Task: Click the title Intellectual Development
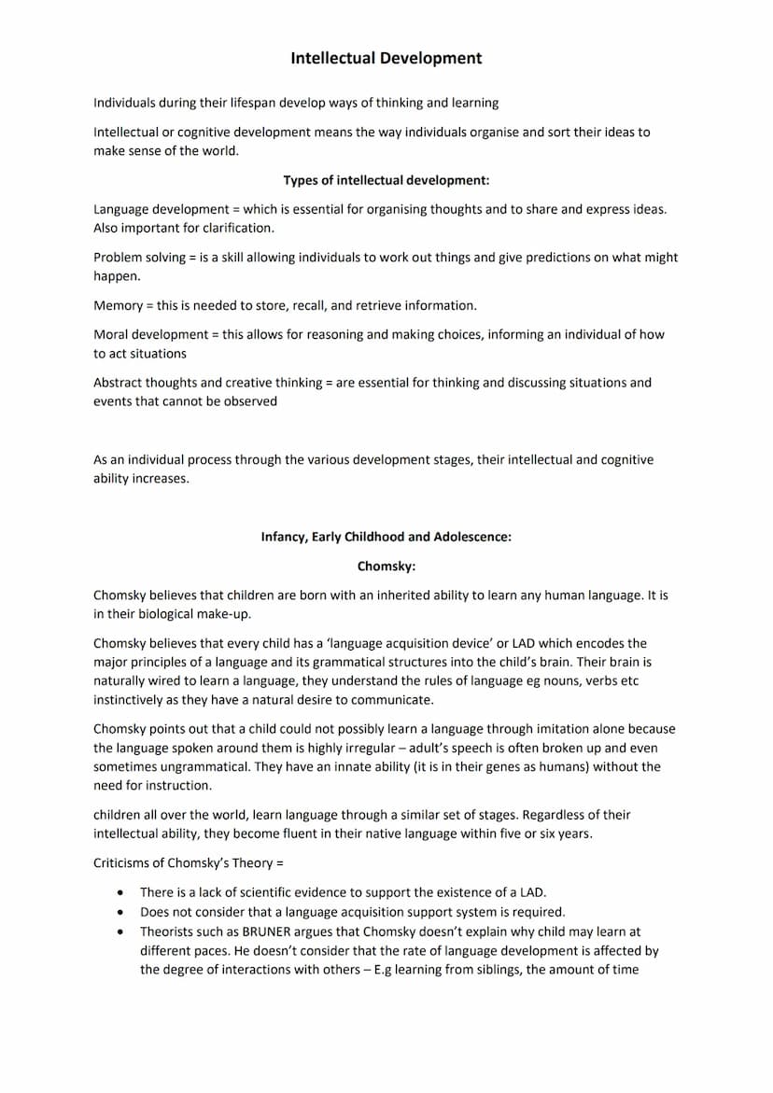tap(386, 58)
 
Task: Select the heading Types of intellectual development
tap(386, 180)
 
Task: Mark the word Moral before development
tap(110, 334)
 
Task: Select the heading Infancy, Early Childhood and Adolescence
tap(386, 537)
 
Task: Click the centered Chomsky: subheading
tap(386, 566)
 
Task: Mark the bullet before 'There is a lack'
tap(120, 893)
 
